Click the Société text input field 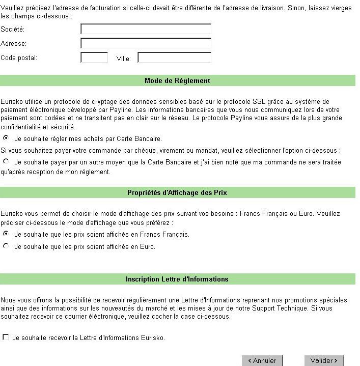146,29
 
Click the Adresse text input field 146,43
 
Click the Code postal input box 94,58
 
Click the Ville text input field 174,58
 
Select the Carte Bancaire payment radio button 6,137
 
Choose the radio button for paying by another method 6,161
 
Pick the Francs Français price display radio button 6,234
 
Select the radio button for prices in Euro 6,246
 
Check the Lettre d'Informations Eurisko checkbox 6,337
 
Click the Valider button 324,360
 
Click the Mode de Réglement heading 177,80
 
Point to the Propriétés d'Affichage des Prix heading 177,192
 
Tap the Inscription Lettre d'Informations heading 177,279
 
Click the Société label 13,30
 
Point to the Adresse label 13,44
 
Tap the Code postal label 19,58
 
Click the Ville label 124,59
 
